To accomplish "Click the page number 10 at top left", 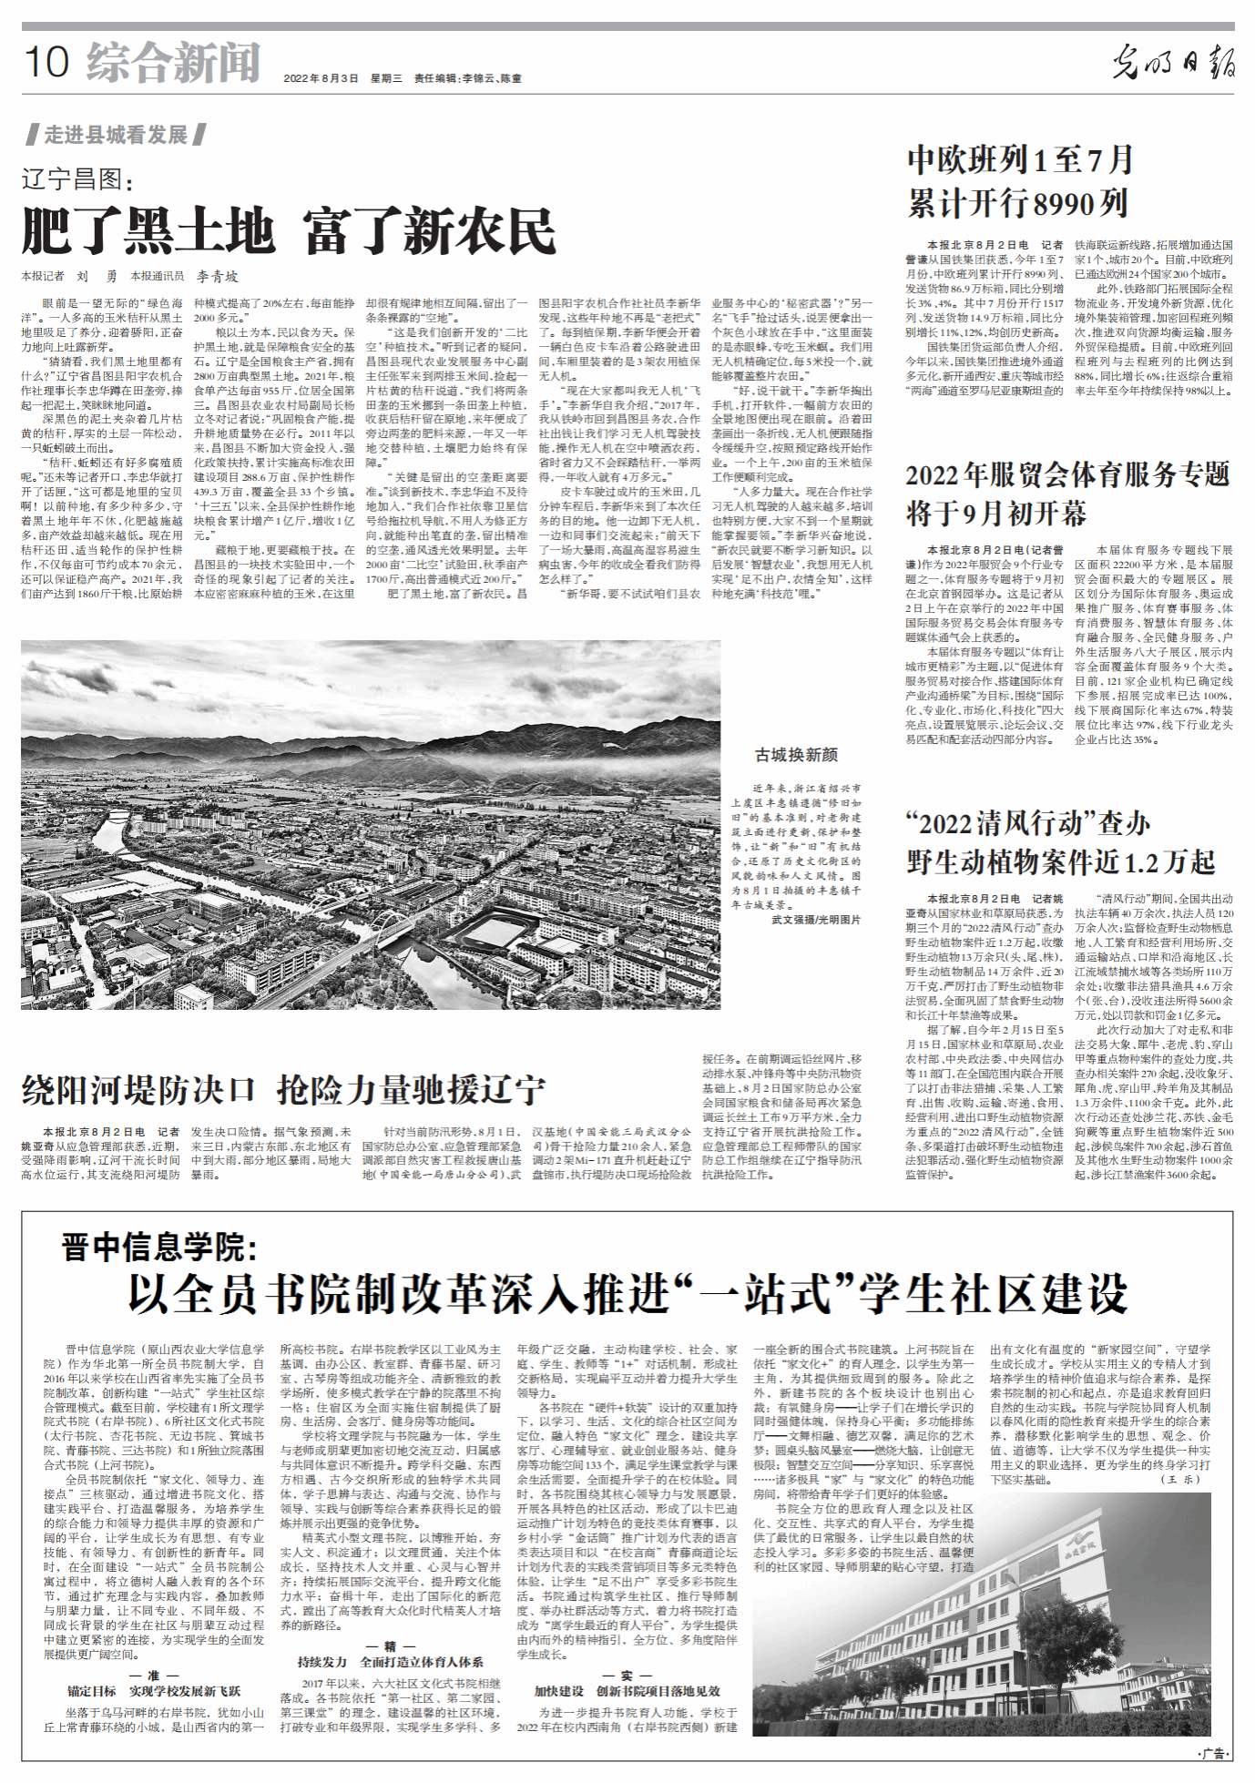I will coord(46,62).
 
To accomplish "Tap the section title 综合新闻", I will coord(173,62).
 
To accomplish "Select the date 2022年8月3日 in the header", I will coord(321,79).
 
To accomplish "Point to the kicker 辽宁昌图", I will coord(77,178).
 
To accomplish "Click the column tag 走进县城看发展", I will coord(116,136).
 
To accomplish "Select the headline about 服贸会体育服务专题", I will coord(1066,494).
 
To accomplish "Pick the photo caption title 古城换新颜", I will coord(796,755).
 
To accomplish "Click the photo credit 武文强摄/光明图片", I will coord(815,920).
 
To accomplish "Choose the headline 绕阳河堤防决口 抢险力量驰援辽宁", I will coord(283,1089).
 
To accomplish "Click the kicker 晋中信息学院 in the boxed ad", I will coord(159,1247).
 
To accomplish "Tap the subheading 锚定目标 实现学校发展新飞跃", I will coord(153,1691).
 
